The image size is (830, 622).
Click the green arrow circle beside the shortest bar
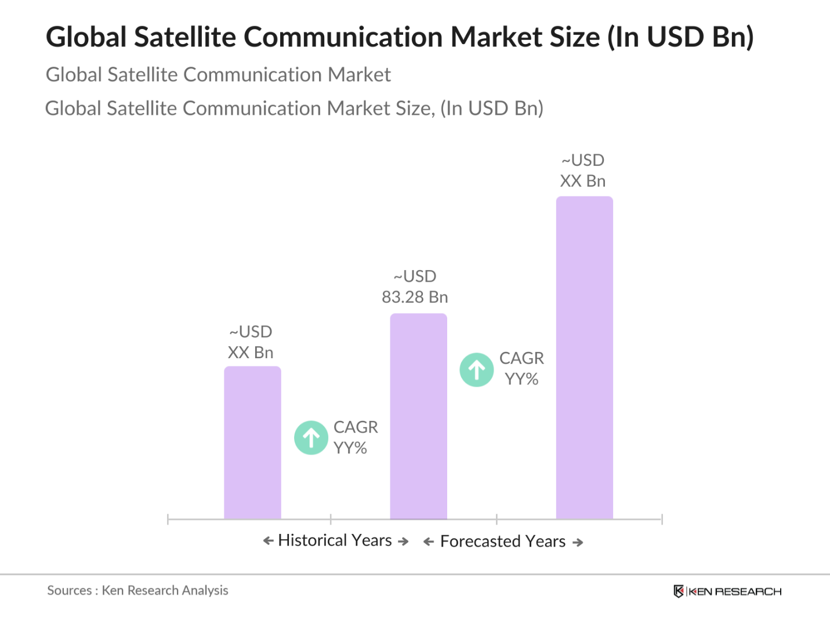point(311,438)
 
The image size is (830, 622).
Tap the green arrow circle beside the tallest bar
point(477,370)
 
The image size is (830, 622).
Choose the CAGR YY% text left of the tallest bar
point(521,369)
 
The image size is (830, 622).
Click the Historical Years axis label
point(335,540)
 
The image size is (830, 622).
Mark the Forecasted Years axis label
point(503,541)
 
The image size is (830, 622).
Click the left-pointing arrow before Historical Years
point(268,541)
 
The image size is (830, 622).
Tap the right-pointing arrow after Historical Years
point(403,541)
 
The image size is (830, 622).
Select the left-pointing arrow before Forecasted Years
point(429,542)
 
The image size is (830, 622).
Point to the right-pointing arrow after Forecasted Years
point(578,543)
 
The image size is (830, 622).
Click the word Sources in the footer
point(69,591)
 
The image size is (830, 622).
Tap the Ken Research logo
point(727,591)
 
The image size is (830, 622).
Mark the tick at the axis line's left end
point(168,519)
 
